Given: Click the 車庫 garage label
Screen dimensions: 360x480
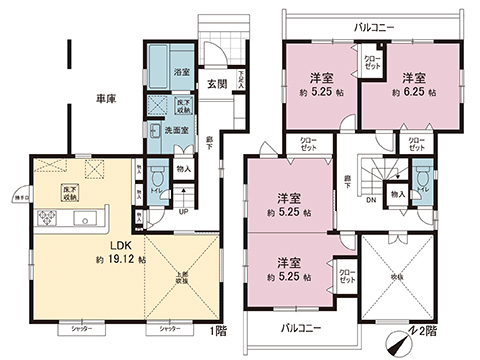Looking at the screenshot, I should point(107,100).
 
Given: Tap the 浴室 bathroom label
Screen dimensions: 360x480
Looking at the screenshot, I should point(181,72).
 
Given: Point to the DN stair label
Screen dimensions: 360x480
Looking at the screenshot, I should point(373,197).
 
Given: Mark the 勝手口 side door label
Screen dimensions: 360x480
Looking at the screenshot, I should point(19,198).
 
